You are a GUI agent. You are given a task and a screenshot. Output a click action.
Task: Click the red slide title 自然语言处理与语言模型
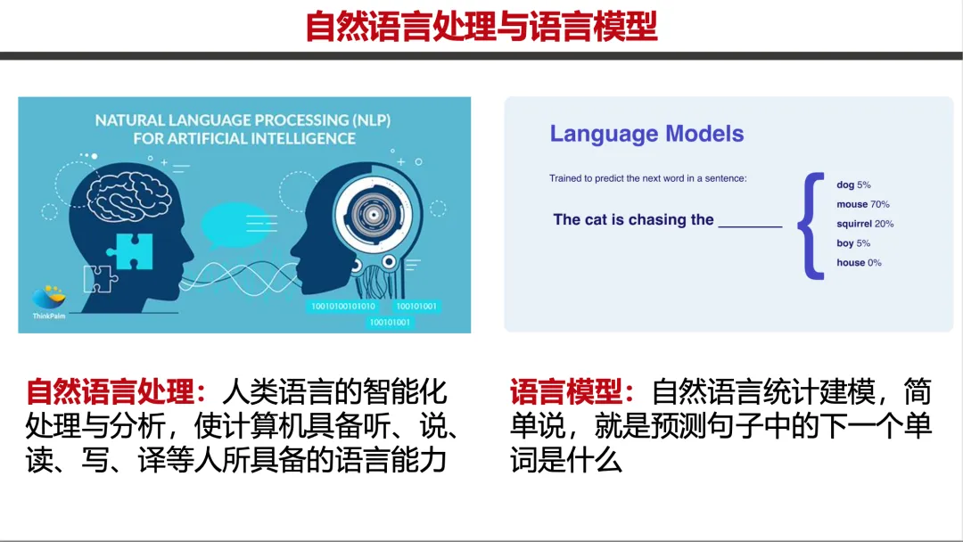pyautogui.click(x=481, y=26)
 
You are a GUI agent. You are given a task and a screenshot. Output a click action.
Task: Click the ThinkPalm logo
pyautogui.click(x=49, y=301)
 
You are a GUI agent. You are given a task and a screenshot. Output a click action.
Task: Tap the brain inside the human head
pyautogui.click(x=128, y=196)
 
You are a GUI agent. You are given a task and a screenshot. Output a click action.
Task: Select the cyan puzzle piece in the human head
pyautogui.click(x=130, y=251)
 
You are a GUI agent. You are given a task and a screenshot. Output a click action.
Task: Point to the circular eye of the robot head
pyautogui.click(x=373, y=214)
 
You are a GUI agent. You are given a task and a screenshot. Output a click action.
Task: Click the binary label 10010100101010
pyautogui.click(x=342, y=306)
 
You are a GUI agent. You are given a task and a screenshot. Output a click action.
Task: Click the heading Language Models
pyautogui.click(x=646, y=133)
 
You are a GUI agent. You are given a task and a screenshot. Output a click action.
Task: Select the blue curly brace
pyautogui.click(x=811, y=226)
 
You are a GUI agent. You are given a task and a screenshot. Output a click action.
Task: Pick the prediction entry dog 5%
pyautogui.click(x=853, y=185)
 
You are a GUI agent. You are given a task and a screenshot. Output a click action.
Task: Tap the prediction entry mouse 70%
pyautogui.click(x=863, y=204)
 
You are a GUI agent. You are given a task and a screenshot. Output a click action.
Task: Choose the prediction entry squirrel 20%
pyautogui.click(x=865, y=224)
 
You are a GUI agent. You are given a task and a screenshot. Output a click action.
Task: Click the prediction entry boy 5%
pyautogui.click(x=853, y=243)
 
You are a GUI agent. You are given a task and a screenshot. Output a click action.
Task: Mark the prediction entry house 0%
pyautogui.click(x=859, y=263)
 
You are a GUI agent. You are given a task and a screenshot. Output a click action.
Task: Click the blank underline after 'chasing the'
pyautogui.click(x=750, y=226)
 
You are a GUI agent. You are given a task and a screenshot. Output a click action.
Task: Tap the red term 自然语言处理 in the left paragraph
pyautogui.click(x=110, y=391)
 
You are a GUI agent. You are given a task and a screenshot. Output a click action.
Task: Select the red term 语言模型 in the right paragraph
pyautogui.click(x=566, y=391)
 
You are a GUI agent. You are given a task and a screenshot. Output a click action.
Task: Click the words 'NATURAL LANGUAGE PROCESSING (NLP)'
pyautogui.click(x=243, y=119)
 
